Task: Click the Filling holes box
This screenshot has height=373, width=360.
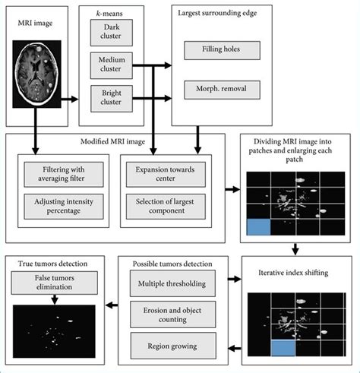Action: pos(223,52)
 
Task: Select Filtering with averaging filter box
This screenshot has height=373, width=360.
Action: pos(64,173)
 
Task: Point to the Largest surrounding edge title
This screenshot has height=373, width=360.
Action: pos(219,14)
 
